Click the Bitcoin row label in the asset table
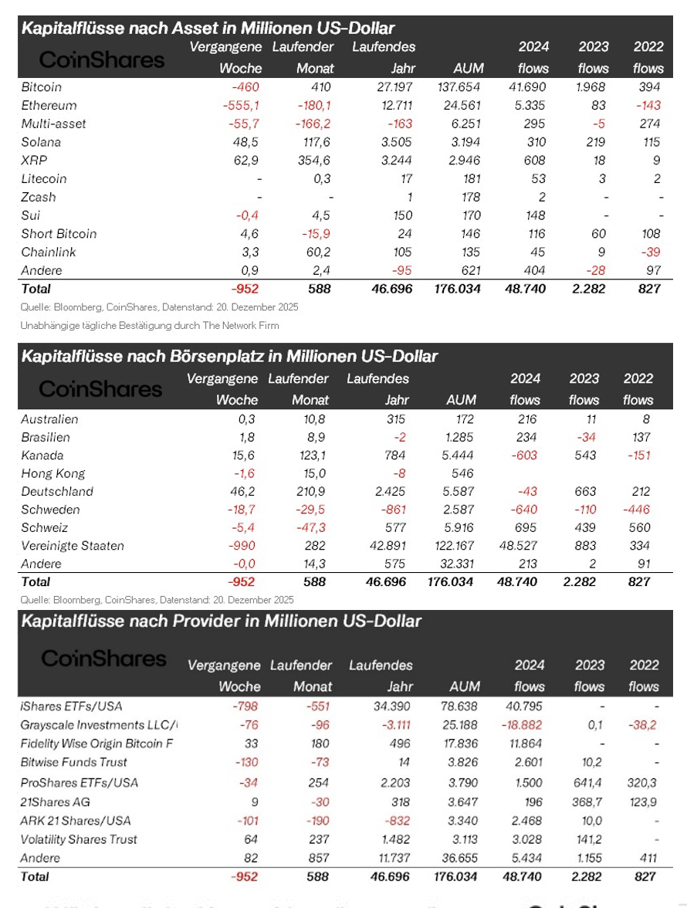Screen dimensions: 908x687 click(42, 86)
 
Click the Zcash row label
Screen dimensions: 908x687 click(39, 197)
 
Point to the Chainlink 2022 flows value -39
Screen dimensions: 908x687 click(648, 252)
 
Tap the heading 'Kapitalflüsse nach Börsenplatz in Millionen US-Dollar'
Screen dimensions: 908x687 click(229, 357)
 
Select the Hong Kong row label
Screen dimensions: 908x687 click(53, 473)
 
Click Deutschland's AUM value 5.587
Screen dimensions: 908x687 click(459, 492)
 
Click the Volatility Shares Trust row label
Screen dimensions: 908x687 click(80, 839)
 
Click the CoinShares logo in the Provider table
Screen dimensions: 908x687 click(103, 659)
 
